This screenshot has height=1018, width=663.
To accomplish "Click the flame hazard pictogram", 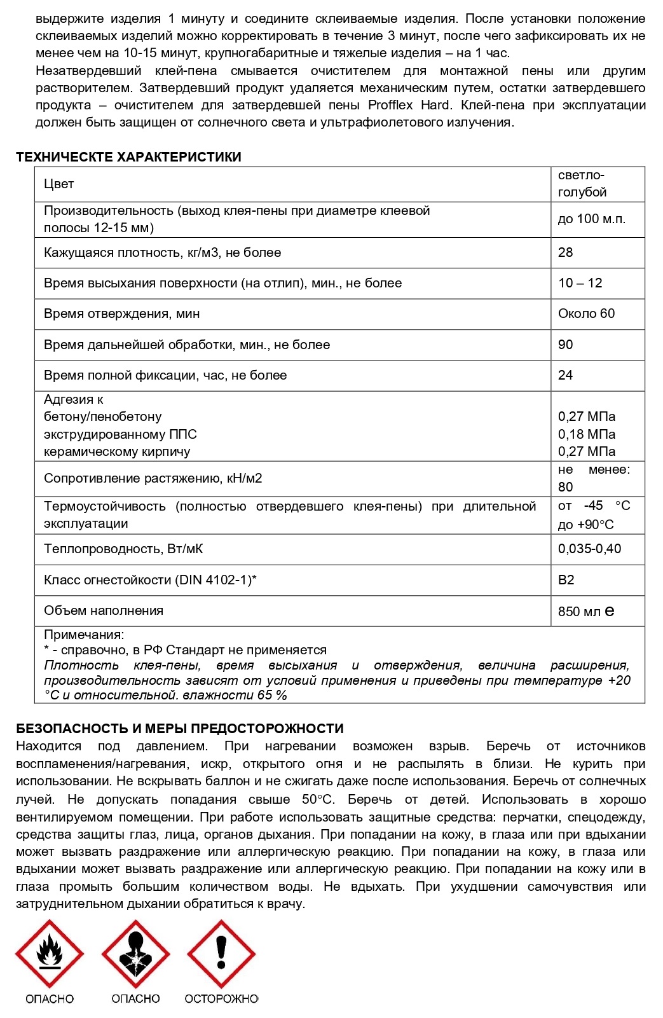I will (x=50, y=954).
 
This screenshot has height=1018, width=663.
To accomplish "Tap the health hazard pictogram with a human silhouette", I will (x=135, y=954).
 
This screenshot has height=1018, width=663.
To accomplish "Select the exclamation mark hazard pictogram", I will (x=221, y=954).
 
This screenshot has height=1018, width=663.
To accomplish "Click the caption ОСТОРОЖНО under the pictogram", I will (x=221, y=999).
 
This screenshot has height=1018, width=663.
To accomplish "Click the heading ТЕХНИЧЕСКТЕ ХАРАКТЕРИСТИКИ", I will (x=128, y=157).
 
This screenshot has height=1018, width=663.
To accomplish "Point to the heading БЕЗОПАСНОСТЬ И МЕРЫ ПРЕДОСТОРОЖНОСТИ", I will (x=180, y=729).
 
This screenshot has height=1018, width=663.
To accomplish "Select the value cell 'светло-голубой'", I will (x=582, y=184).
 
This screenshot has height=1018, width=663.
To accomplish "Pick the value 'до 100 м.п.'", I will (x=592, y=219).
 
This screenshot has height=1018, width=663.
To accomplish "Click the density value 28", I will (x=566, y=252).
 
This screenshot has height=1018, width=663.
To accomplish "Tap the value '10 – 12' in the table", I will (x=580, y=283).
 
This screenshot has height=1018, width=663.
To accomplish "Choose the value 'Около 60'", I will (x=587, y=313).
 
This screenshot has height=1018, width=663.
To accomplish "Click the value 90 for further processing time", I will (x=566, y=345).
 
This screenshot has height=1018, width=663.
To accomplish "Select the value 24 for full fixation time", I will (x=566, y=375).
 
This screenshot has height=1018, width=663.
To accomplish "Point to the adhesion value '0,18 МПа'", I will (x=587, y=434).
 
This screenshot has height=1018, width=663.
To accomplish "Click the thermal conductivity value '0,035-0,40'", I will (x=590, y=549).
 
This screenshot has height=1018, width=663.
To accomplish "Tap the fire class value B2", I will (x=566, y=580).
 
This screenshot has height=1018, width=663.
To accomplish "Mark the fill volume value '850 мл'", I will (x=579, y=612).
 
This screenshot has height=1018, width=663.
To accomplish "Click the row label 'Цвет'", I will (x=59, y=184).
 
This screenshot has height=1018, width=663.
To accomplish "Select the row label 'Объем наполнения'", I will (x=104, y=610).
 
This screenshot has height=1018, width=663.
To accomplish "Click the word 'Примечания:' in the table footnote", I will (x=84, y=635).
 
